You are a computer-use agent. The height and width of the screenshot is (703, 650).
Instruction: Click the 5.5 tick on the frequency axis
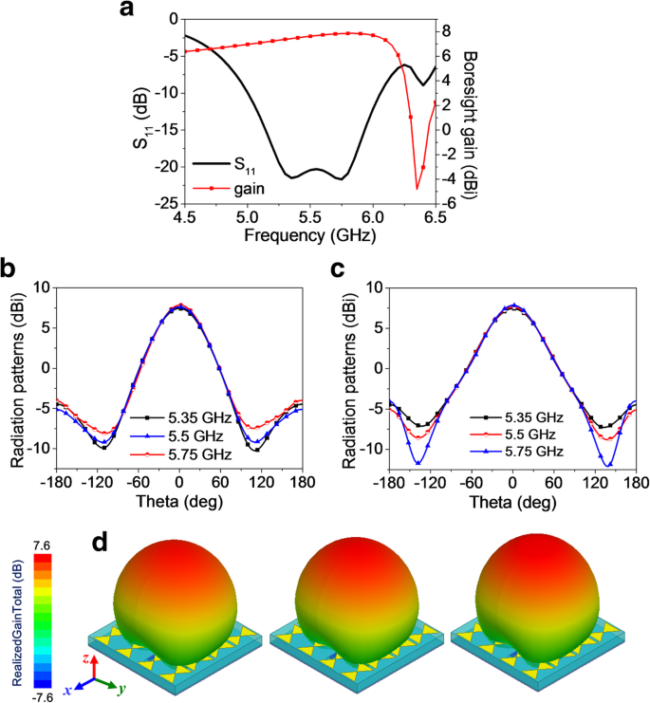click(309, 214)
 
